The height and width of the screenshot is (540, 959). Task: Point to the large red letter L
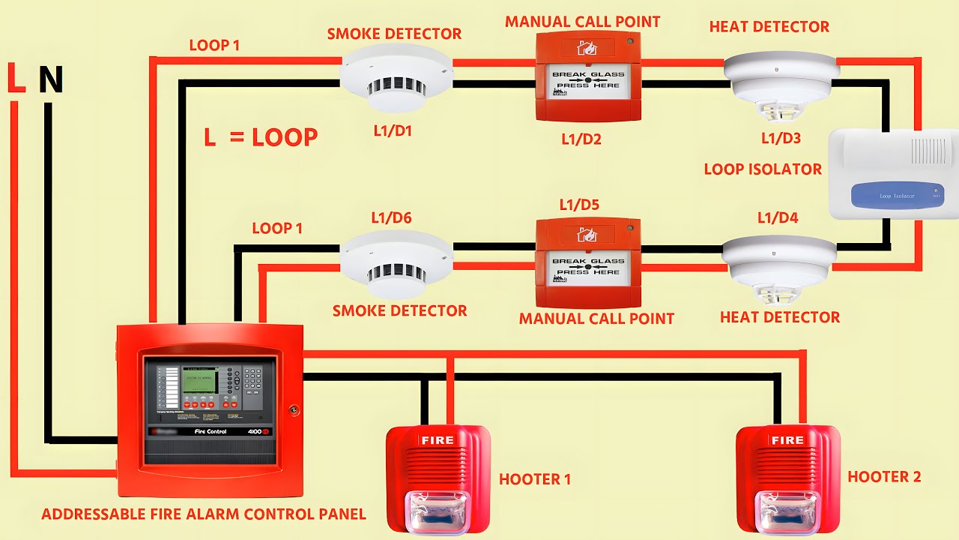click(16, 79)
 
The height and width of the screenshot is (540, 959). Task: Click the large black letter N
click(50, 80)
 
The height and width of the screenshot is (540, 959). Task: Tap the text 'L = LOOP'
click(261, 137)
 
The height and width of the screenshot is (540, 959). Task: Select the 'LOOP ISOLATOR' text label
click(763, 169)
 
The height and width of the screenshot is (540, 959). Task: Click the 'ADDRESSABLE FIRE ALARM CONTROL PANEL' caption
click(203, 514)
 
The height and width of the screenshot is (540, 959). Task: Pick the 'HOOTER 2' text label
click(884, 477)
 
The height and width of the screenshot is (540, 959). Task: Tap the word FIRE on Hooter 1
click(438, 440)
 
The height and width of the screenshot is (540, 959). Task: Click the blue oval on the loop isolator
click(896, 196)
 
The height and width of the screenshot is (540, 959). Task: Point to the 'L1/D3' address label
click(781, 139)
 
